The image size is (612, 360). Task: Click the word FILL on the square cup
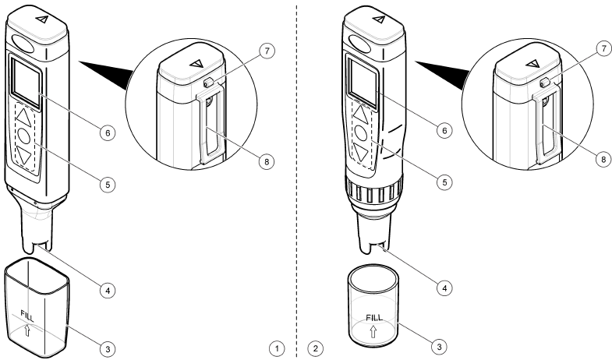(x=27, y=316)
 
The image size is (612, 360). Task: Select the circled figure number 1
(x=276, y=344)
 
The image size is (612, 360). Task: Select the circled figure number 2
(x=316, y=344)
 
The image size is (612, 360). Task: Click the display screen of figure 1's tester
(x=26, y=83)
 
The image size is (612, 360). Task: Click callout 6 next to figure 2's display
(x=444, y=130)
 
